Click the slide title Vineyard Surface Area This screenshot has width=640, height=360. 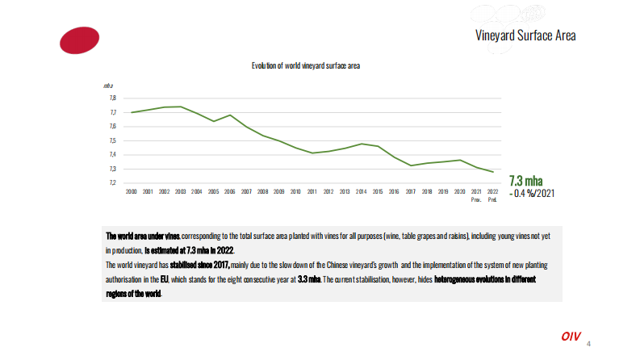click(x=525, y=36)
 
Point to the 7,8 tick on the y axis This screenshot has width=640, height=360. click(x=112, y=98)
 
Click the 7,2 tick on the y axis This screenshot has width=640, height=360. click(x=112, y=183)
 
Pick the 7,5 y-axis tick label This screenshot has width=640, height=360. click(x=112, y=140)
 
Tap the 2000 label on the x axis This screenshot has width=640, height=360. click(x=132, y=192)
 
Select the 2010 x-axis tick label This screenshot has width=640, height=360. click(x=295, y=192)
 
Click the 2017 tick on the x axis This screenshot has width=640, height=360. click(x=410, y=192)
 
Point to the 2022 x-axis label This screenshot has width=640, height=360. click(x=492, y=192)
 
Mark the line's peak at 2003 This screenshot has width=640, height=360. click(x=181, y=107)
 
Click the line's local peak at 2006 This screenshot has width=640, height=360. click(x=230, y=115)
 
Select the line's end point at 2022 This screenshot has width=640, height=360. click(x=492, y=172)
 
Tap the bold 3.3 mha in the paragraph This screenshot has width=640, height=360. click(x=307, y=278)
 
